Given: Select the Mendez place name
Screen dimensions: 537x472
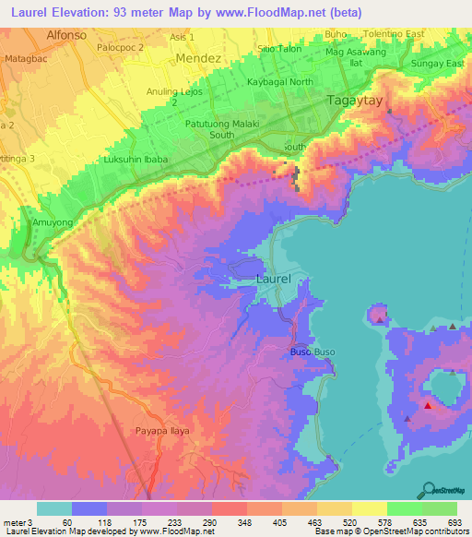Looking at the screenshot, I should [198, 57].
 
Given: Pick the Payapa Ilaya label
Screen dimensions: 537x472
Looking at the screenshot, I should [158, 431].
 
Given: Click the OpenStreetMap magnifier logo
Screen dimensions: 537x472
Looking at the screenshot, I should [429, 489].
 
